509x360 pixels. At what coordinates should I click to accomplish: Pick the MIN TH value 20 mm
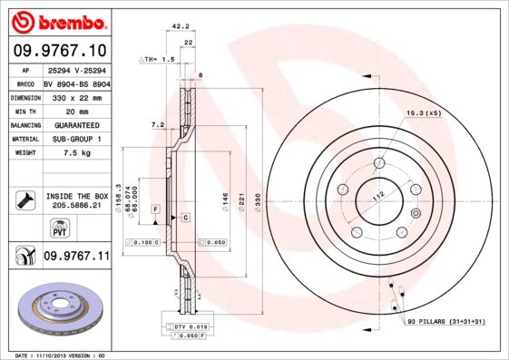[62, 110]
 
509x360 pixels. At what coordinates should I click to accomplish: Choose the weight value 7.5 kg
[64, 153]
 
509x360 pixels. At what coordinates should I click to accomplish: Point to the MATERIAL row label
[24, 139]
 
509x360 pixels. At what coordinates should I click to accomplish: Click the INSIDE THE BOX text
[75, 196]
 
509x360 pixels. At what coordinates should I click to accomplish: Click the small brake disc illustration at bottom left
[55, 309]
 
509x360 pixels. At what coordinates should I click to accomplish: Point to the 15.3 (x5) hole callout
[423, 112]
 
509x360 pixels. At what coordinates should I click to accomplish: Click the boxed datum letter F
[156, 209]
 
